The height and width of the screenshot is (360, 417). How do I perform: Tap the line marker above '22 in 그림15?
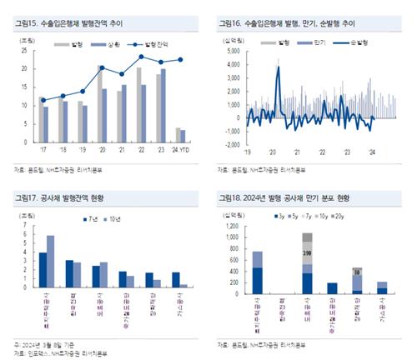(141, 57)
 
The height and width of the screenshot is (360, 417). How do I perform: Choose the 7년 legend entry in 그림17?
(91, 217)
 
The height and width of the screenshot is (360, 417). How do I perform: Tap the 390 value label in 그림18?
(307, 252)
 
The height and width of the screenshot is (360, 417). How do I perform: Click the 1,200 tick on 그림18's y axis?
(228, 225)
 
